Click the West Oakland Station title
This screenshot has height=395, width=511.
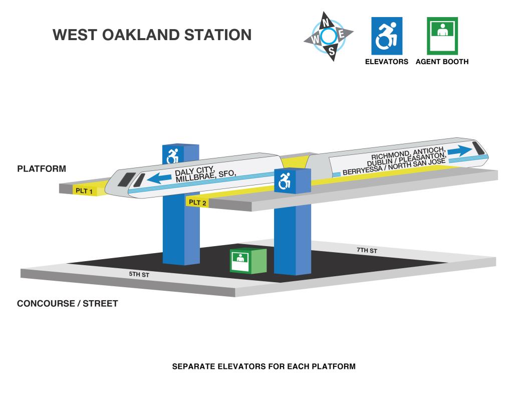[152, 35]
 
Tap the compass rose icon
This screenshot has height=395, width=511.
[328, 36]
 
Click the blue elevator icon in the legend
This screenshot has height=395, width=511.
[387, 36]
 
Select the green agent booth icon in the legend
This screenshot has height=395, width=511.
[442, 36]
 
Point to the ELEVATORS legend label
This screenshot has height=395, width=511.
[387, 62]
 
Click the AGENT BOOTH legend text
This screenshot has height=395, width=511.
[442, 62]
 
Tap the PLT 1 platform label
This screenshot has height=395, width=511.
[84, 191]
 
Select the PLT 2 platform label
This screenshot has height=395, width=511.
[197, 203]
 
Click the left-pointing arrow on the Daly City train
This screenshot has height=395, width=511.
[159, 178]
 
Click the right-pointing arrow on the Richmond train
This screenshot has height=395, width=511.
[459, 151]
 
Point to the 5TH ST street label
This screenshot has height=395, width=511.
[139, 274]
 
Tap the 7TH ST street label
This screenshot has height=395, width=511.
[367, 250]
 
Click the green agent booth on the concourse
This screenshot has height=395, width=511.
[248, 261]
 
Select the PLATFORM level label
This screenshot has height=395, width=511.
[42, 168]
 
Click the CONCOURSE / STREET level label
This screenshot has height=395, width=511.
[68, 303]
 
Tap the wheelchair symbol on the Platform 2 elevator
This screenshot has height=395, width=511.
[285, 181]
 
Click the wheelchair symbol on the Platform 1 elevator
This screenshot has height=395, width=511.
[172, 155]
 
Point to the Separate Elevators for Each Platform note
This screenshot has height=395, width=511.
[264, 366]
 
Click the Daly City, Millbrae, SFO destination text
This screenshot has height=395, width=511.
[205, 174]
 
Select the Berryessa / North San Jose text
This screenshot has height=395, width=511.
[394, 166]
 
